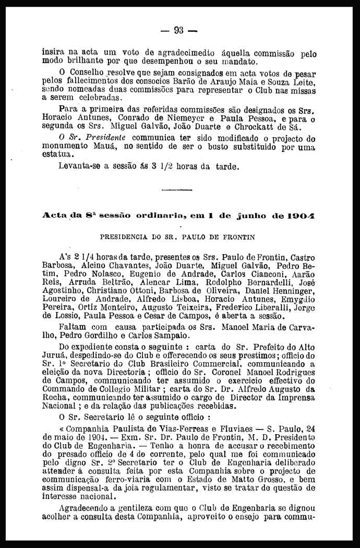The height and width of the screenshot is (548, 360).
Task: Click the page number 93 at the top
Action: [179, 30]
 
